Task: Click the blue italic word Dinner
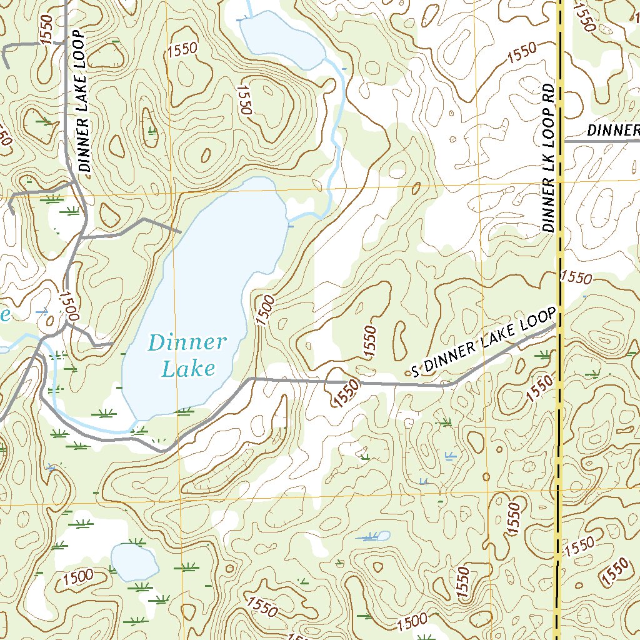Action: point(187,342)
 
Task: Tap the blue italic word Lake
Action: point(187,369)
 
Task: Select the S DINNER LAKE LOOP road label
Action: point(483,343)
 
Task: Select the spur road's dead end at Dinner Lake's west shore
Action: point(181,232)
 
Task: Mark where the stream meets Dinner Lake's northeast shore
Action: point(287,219)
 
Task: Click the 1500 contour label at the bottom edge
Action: point(413,622)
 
